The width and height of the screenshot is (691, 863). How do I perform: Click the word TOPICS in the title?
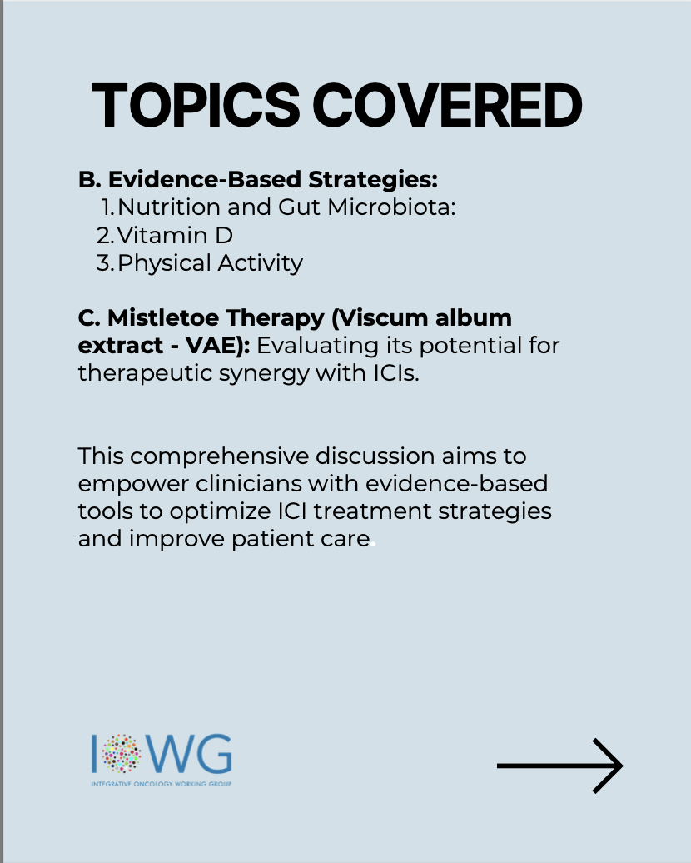196,105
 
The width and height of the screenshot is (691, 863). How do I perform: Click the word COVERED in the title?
447,105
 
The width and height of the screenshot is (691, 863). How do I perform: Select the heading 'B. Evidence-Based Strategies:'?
258,179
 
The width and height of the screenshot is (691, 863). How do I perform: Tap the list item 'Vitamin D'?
175,236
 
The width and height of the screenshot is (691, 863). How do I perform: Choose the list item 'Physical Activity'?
210,263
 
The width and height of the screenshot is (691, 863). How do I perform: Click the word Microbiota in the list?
391,207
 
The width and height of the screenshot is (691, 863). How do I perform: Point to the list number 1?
108,207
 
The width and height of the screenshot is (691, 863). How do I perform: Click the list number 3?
105,263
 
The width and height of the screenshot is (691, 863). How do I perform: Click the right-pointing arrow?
560,766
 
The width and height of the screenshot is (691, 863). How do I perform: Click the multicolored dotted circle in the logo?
122,753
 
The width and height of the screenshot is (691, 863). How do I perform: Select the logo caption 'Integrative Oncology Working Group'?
162,784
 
